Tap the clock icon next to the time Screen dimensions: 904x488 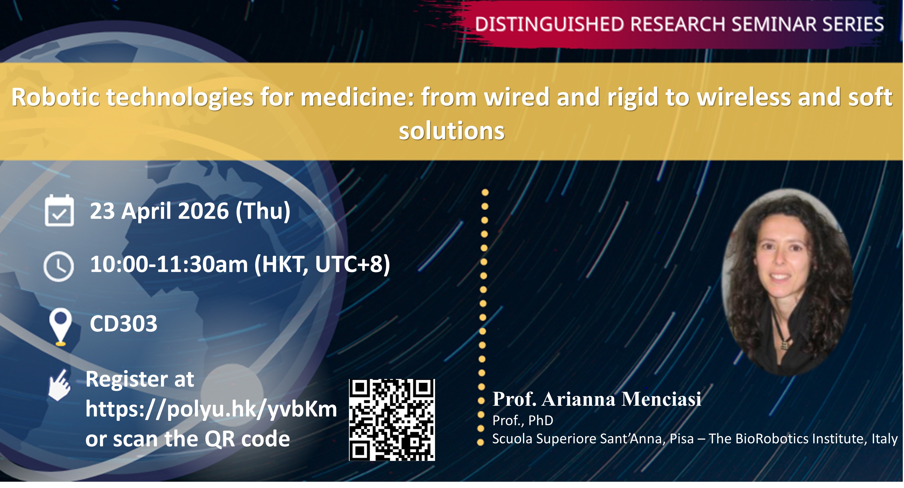click(x=59, y=266)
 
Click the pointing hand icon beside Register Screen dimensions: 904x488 click(x=60, y=385)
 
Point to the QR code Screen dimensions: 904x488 click(x=392, y=420)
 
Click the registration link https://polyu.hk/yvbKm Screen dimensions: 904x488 click(x=211, y=409)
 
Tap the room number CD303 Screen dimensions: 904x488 click(x=124, y=324)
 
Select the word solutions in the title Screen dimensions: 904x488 click(x=452, y=131)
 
